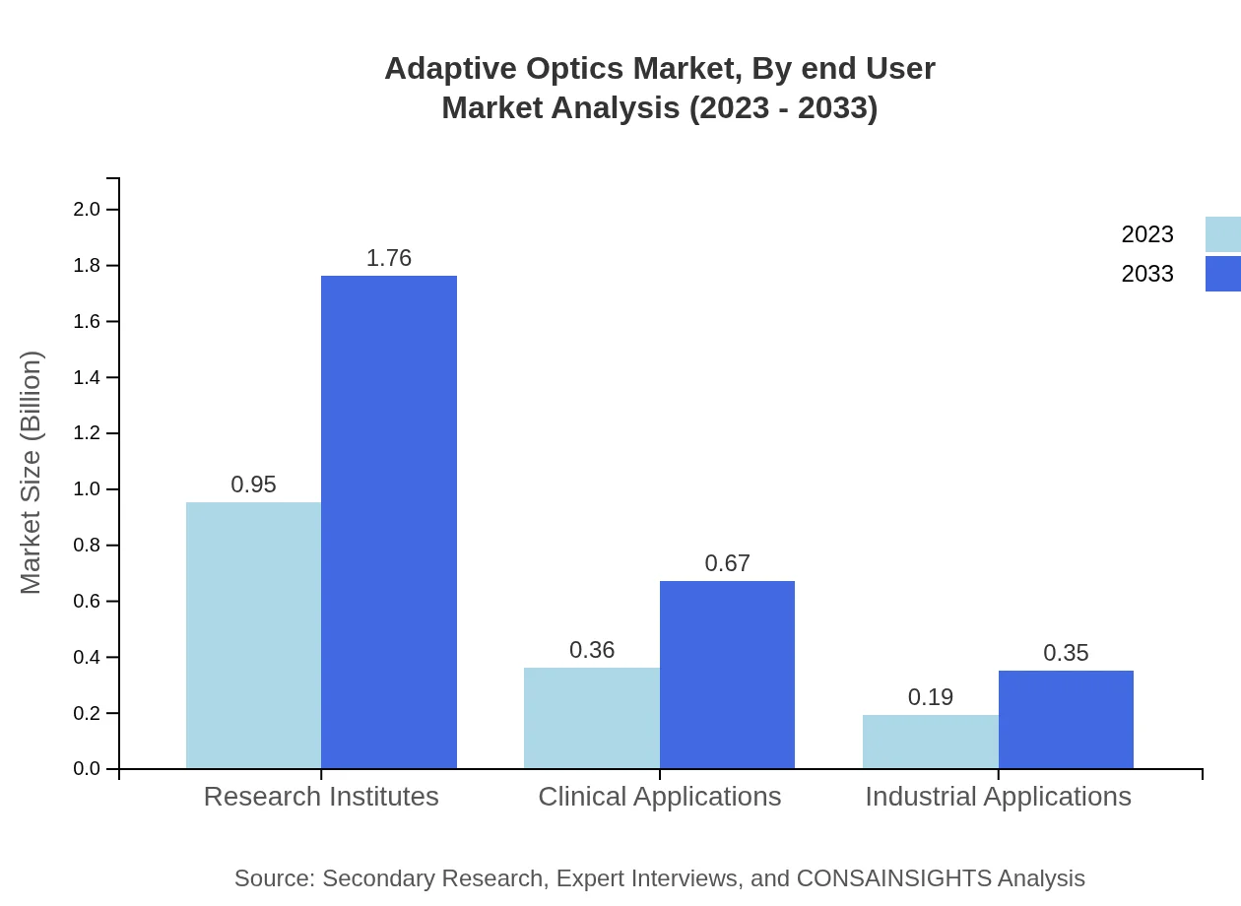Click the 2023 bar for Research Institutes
tap(253, 635)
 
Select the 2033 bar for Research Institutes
tap(389, 522)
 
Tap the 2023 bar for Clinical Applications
tap(592, 718)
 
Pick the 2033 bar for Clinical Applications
tap(727, 675)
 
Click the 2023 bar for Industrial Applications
tap(931, 742)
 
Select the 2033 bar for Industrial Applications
tap(1066, 719)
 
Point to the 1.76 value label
tap(389, 258)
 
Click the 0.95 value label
tap(253, 485)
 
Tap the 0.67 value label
tap(727, 563)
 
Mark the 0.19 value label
tap(931, 697)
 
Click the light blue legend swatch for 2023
tap(1222, 234)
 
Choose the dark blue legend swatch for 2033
tap(1222, 274)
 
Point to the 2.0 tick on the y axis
tap(87, 210)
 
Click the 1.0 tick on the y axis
tap(87, 489)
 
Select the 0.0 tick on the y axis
tap(87, 769)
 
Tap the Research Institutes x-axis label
tap(321, 797)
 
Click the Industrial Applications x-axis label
tap(998, 797)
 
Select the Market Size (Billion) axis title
tap(32, 473)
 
